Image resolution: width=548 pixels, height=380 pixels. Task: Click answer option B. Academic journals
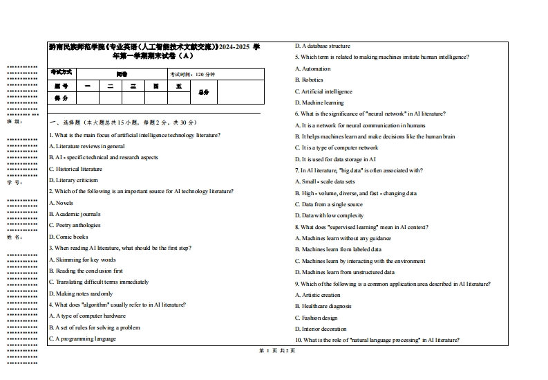(x=75, y=214)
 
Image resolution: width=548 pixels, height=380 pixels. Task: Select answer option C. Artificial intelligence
(x=323, y=91)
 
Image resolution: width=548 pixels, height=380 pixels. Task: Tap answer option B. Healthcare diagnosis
(x=323, y=306)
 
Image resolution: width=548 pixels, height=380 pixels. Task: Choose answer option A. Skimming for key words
(x=82, y=260)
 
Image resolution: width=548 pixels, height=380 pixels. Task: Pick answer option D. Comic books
(x=68, y=237)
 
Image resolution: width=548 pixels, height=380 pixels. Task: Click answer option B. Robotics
(x=309, y=80)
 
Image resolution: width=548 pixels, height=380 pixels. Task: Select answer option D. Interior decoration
(x=321, y=329)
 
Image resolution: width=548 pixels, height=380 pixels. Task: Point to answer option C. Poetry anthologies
(x=75, y=225)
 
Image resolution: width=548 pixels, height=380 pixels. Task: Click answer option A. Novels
(x=61, y=203)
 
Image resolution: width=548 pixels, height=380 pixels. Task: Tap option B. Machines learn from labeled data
(x=338, y=249)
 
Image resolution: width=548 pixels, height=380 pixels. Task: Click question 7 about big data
(x=359, y=170)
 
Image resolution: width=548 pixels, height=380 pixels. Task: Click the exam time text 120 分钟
(x=193, y=74)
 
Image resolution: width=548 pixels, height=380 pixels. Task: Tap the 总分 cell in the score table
(x=203, y=91)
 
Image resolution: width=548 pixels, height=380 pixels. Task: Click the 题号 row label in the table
(x=62, y=86)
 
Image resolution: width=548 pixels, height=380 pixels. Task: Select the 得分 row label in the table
(x=62, y=98)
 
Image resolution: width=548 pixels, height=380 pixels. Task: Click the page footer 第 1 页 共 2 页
(x=276, y=351)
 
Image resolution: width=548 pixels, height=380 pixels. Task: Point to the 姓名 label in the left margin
(x=14, y=237)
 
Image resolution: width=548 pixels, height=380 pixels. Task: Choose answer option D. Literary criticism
(x=73, y=180)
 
